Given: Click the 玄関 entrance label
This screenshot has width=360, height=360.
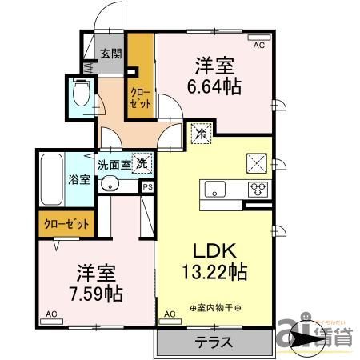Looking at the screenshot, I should [x=111, y=54].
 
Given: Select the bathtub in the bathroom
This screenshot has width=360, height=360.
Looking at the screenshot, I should [x=54, y=177].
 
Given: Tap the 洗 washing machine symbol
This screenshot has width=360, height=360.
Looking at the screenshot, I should [x=142, y=164].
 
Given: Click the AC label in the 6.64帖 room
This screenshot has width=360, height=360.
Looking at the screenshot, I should [x=258, y=46].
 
